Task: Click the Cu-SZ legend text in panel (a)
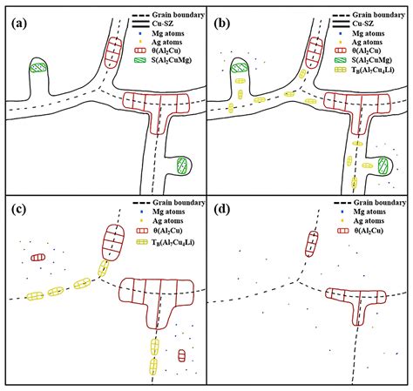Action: pos(157,26)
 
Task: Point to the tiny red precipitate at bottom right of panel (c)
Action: pos(181,355)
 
